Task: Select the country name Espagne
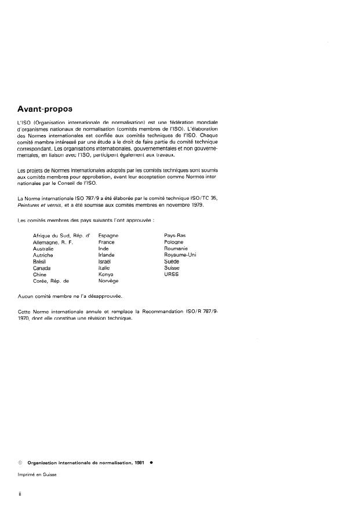click(108, 235)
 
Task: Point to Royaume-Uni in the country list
click(180, 254)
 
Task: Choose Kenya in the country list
click(108, 274)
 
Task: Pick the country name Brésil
click(42, 261)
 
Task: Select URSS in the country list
click(172, 274)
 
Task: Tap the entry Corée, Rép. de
click(55, 280)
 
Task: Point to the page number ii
click(21, 495)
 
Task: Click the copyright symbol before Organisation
click(20, 463)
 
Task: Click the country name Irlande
click(107, 254)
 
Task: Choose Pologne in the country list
click(174, 242)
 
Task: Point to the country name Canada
click(42, 268)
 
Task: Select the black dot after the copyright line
click(151, 463)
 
